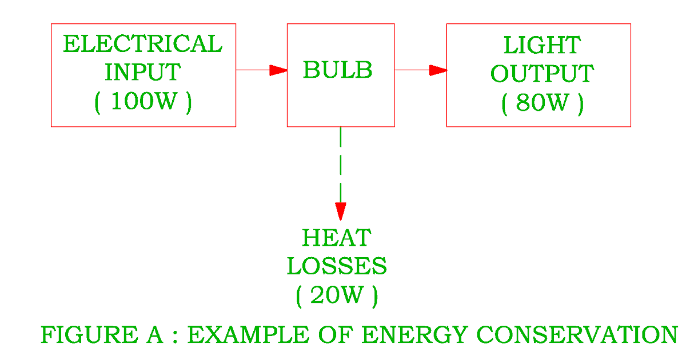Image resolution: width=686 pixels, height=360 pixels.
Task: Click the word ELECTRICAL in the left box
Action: click(x=142, y=45)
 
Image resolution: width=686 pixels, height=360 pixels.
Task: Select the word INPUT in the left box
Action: click(x=142, y=73)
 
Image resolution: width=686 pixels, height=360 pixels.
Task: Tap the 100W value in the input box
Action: click(x=143, y=102)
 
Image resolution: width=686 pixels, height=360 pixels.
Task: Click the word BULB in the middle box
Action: click(x=337, y=71)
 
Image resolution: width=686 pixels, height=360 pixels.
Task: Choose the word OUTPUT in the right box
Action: click(x=542, y=74)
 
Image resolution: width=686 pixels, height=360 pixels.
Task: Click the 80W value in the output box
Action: click(x=543, y=103)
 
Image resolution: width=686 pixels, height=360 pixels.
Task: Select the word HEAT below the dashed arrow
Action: click(x=337, y=237)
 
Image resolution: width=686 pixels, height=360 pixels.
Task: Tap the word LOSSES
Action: click(x=337, y=266)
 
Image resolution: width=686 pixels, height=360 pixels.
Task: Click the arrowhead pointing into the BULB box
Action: click(x=278, y=70)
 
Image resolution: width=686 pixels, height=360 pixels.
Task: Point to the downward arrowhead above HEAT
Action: click(x=341, y=211)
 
